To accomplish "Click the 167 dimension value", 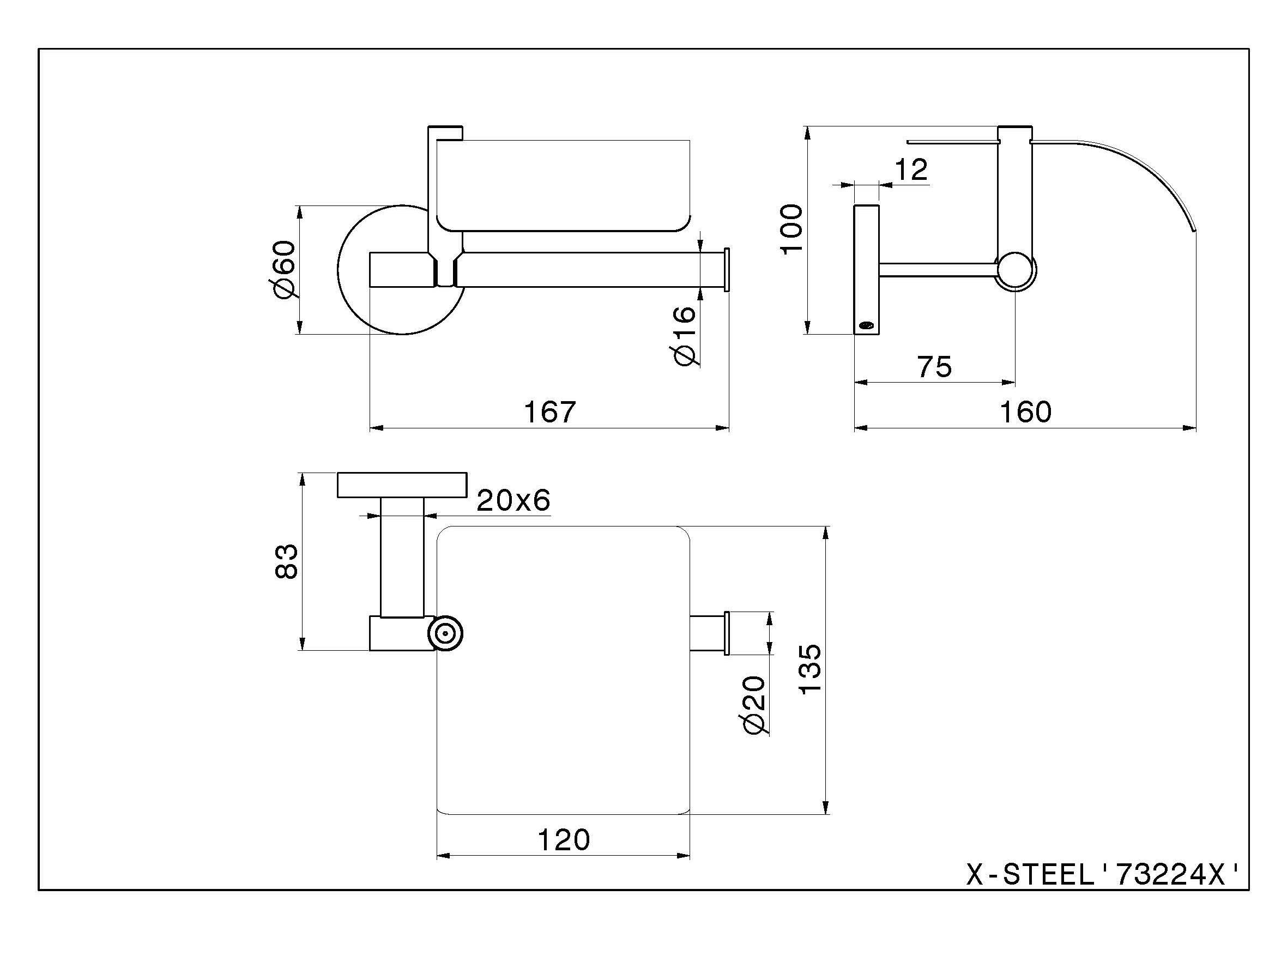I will pyautogui.click(x=549, y=412).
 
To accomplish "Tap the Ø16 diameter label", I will pyautogui.click(x=684, y=336).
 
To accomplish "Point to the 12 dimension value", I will pyautogui.click(x=911, y=170).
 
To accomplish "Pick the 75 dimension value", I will pyautogui.click(x=934, y=367).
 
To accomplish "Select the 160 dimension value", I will pyautogui.click(x=1025, y=412).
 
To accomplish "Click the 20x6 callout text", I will pyautogui.click(x=513, y=500).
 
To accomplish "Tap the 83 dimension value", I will pyautogui.click(x=287, y=561).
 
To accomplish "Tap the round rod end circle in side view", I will pyautogui.click(x=1016, y=271).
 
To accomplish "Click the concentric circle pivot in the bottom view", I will pyautogui.click(x=445, y=634).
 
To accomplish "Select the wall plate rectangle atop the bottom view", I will pyautogui.click(x=402, y=485).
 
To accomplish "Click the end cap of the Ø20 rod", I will pyautogui.click(x=727, y=633).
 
